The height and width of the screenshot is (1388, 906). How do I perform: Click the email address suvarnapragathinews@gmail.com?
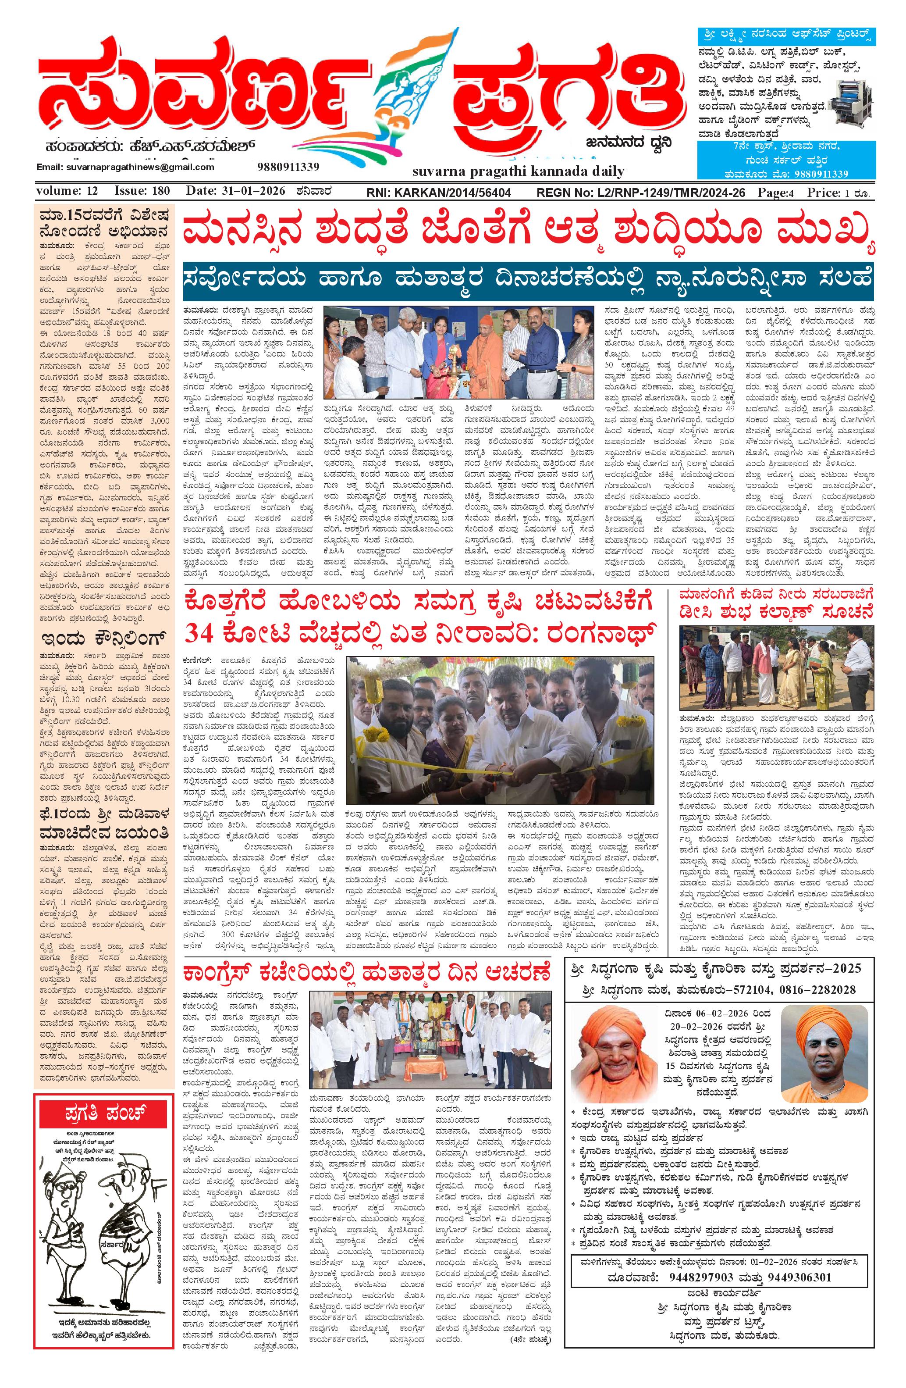click(125, 167)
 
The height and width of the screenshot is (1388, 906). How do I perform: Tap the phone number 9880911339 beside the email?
click(288, 167)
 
